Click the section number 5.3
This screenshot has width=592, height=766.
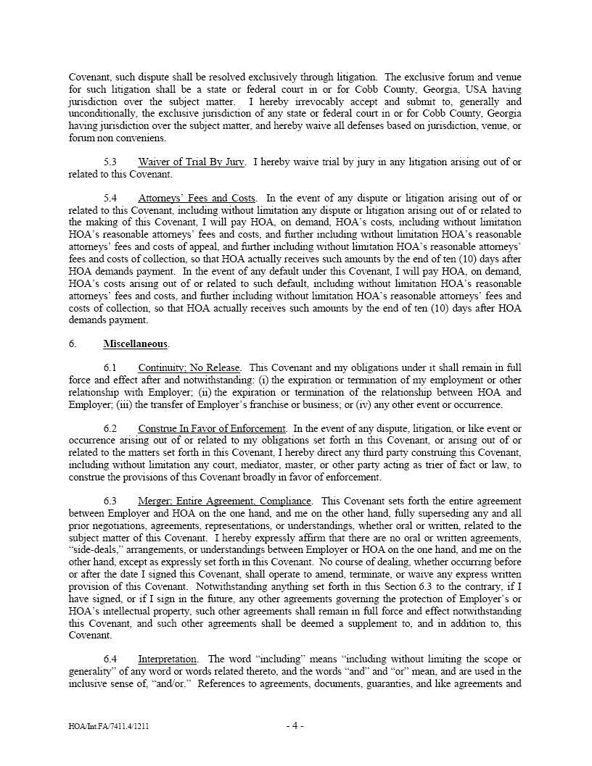(110, 162)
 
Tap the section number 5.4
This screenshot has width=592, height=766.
(110, 198)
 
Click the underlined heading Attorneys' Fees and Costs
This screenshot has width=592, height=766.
(197, 198)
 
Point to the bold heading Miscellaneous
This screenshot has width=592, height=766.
(136, 344)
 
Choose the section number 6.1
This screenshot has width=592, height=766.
(110, 368)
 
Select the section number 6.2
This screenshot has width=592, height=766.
(110, 429)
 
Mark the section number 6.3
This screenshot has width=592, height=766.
(110, 501)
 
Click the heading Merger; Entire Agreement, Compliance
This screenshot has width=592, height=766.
(225, 501)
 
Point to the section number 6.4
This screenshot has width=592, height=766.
(110, 659)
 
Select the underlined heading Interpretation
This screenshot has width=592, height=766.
(167, 659)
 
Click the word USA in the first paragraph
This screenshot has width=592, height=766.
(455, 89)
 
